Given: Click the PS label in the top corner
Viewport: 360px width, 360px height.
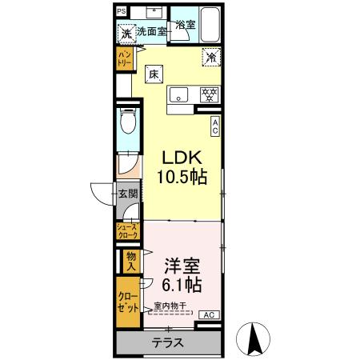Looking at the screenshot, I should click(121, 12).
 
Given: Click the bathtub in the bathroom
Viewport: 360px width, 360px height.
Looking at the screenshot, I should click(209, 26).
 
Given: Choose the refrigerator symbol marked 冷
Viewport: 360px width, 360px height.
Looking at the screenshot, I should click(211, 57).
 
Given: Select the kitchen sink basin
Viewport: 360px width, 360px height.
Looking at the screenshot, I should click(178, 94).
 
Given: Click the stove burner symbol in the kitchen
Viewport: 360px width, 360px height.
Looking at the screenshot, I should click(208, 94).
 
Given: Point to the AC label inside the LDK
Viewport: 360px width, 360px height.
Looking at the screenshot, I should click(215, 126).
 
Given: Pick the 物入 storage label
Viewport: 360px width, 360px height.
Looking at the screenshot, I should click(130, 260).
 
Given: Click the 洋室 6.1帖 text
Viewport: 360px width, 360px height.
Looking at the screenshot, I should click(182, 274).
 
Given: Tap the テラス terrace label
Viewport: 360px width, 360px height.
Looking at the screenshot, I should click(168, 342).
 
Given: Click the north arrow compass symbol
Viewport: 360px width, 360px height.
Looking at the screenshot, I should click(256, 338).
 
